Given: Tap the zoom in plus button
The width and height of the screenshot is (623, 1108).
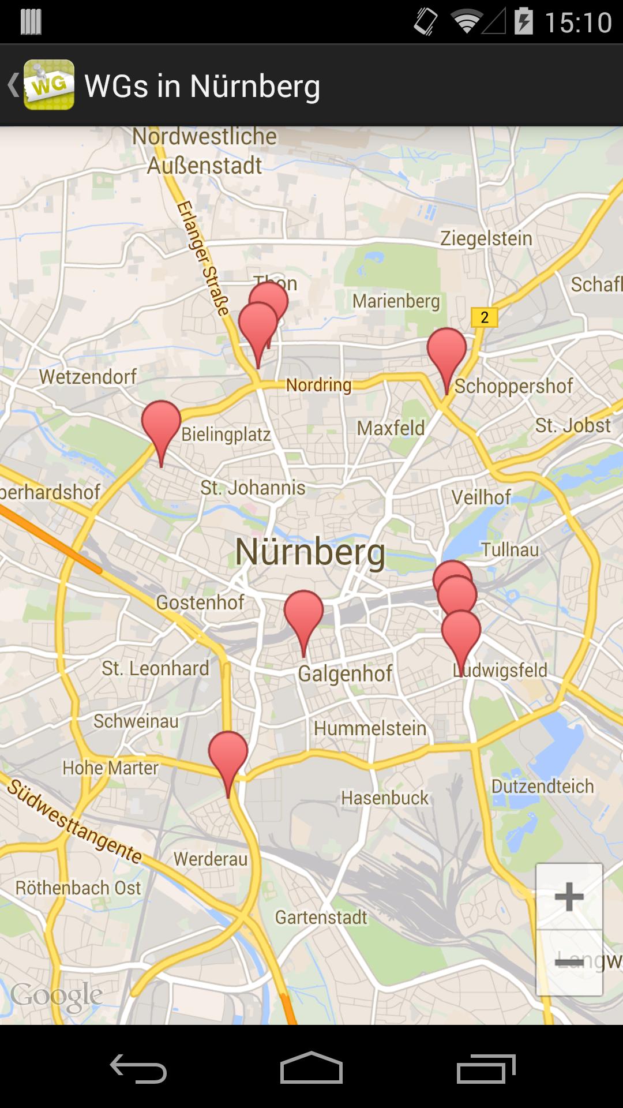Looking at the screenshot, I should pos(569,896).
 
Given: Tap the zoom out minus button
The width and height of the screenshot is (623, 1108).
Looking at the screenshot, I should pos(569,962).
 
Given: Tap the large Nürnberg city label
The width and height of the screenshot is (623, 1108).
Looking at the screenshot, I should pos(310,552).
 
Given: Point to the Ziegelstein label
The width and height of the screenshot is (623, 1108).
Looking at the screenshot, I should pos(486,238).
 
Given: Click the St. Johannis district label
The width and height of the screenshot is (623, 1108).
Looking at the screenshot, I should pos(253,488).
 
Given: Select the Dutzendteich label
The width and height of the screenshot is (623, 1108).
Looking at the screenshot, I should pos(542,786).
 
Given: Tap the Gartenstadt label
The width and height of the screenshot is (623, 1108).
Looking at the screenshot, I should pos(321,917).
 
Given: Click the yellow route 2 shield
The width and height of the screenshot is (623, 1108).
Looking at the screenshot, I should pos(484,317).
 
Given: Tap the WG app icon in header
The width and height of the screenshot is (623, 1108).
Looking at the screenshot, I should pos(48,85).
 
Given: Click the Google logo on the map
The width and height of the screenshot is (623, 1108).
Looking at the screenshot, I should pos(57,995).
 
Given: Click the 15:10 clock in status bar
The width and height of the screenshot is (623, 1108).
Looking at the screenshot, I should pos(577,23).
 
